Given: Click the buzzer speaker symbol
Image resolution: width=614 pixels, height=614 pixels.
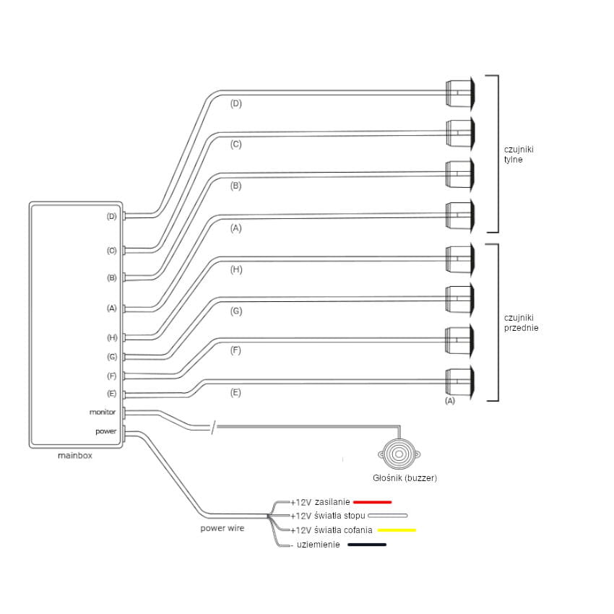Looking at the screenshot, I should pyautogui.click(x=395, y=454).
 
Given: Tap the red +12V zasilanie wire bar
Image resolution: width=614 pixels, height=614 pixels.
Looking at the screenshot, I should pyautogui.click(x=373, y=501).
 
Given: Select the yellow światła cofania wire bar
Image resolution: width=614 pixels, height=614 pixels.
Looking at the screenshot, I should pyautogui.click(x=397, y=530).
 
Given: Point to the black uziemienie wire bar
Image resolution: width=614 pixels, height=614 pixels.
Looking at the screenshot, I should pyautogui.click(x=367, y=545).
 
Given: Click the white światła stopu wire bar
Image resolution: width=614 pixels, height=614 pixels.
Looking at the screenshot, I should pyautogui.click(x=388, y=516).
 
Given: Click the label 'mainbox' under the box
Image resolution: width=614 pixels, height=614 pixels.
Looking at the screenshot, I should pyautogui.click(x=75, y=456).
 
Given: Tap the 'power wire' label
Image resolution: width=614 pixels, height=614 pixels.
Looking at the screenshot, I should pyautogui.click(x=222, y=528).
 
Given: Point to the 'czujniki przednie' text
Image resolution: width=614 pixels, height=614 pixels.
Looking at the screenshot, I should pyautogui.click(x=521, y=322).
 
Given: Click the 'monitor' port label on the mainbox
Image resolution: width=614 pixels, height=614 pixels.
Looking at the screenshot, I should pyautogui.click(x=103, y=412).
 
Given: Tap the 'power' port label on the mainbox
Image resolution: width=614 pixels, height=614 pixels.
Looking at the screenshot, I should pyautogui.click(x=106, y=431).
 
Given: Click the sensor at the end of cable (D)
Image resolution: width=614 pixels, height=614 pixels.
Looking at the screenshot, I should pyautogui.click(x=459, y=92).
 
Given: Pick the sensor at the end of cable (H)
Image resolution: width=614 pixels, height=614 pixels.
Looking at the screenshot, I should pyautogui.click(x=459, y=258).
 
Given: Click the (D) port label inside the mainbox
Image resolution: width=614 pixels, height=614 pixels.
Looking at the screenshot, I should pyautogui.click(x=111, y=216).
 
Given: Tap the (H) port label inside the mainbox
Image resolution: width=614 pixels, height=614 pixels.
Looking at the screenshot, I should pyautogui.click(x=111, y=337).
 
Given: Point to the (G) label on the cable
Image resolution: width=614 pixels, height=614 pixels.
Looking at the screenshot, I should pyautogui.click(x=236, y=311).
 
